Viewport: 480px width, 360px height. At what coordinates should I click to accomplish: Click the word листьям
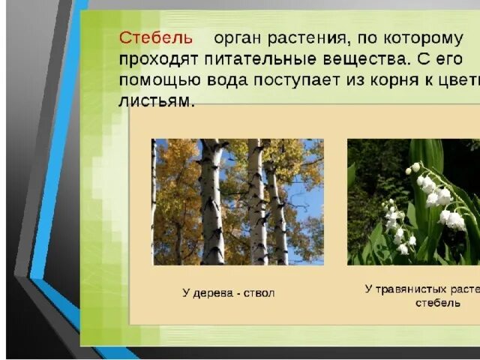click(155, 100)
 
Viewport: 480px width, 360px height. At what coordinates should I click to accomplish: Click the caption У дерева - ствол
click(228, 292)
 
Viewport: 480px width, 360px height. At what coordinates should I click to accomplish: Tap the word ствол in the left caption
click(259, 292)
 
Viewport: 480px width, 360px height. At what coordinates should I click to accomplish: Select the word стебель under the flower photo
click(438, 302)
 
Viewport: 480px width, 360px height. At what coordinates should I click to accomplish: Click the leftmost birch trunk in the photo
click(211, 202)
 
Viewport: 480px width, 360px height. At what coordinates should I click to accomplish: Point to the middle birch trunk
click(256, 202)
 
